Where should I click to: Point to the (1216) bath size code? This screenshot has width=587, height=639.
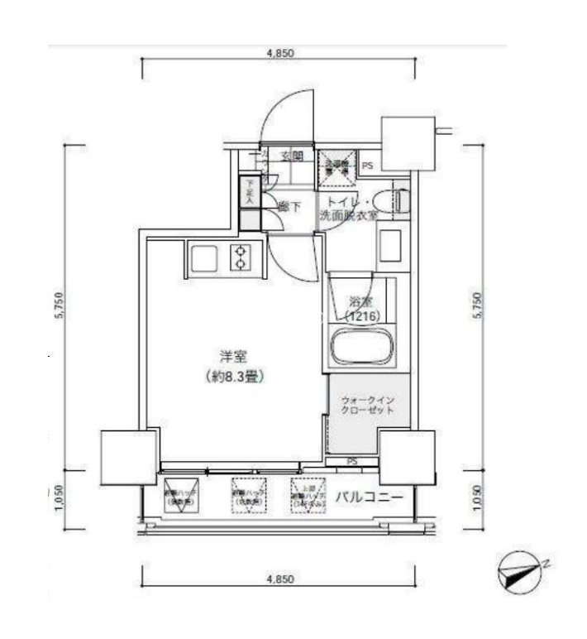pos(360,317)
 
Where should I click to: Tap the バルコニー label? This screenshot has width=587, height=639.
pos(369,498)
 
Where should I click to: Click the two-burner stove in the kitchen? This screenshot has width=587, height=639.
pos(241,258)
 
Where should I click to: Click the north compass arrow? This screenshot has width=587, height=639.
pos(520,572)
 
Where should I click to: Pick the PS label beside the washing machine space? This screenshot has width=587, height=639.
pos(366,166)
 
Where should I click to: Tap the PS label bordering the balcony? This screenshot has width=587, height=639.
pos(352,461)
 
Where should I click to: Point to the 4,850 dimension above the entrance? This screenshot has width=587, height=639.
pos(279,54)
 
